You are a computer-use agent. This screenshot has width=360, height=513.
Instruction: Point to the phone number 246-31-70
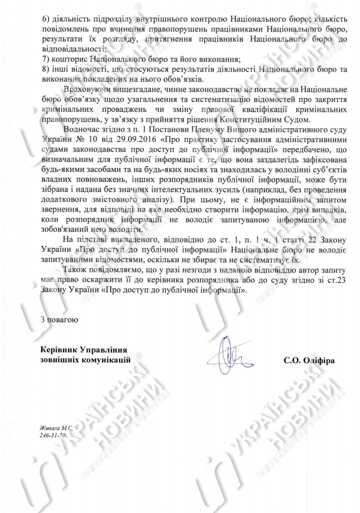(53, 435)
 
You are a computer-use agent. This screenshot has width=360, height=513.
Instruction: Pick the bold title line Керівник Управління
(84, 349)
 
